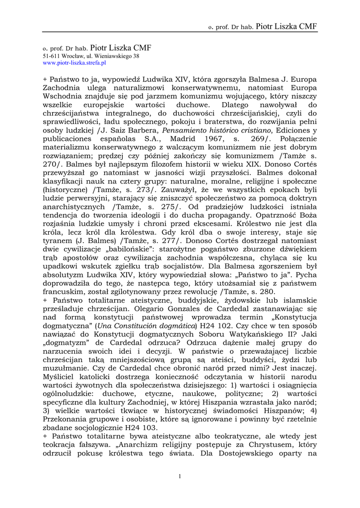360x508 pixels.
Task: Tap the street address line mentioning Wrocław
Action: (90, 57)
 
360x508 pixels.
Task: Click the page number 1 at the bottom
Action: (180, 477)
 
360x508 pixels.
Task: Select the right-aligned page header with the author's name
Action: (262, 27)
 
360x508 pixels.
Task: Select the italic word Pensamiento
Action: (184, 130)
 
